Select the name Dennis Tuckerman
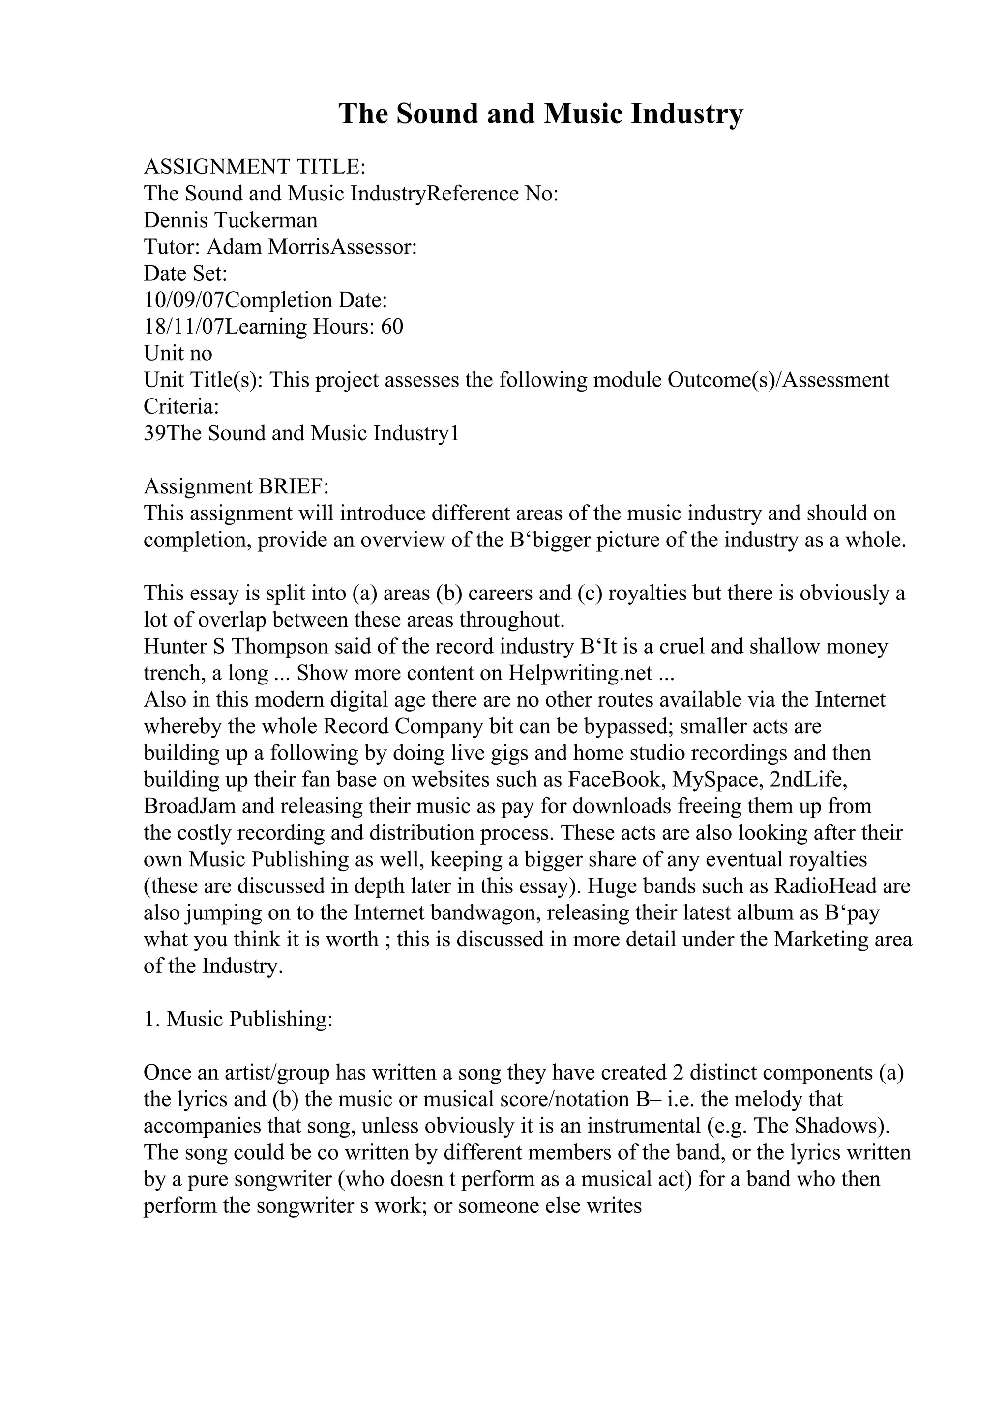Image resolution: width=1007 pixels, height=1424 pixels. click(x=230, y=220)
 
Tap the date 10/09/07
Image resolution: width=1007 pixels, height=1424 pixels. click(x=184, y=300)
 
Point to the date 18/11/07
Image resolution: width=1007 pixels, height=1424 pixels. click(x=184, y=327)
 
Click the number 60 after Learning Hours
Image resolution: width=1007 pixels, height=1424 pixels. click(x=392, y=327)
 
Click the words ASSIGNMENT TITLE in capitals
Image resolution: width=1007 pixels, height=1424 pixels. click(x=254, y=167)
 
